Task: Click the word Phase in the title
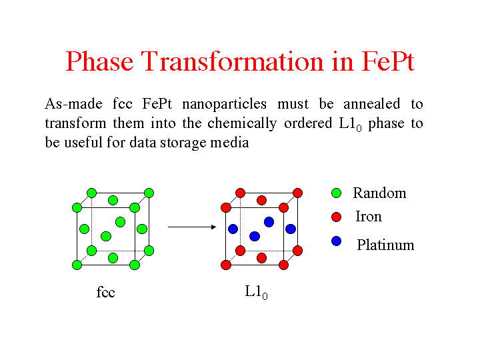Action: pyautogui.click(x=99, y=61)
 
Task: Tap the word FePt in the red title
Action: pyautogui.click(x=388, y=61)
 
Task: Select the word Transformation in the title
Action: pyautogui.click(x=233, y=61)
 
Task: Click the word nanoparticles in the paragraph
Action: pyautogui.click(x=225, y=105)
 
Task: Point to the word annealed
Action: pyautogui.click(x=371, y=104)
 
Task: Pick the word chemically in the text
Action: pyautogui.click(x=242, y=124)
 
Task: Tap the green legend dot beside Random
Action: pyautogui.click(x=336, y=193)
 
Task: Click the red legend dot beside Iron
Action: pyautogui.click(x=336, y=217)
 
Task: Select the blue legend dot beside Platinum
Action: pyautogui.click(x=336, y=241)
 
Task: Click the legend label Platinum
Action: pyautogui.click(x=385, y=245)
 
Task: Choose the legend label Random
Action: pyautogui.click(x=379, y=193)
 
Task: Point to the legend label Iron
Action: pyautogui.click(x=369, y=217)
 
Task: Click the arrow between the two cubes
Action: pyautogui.click(x=192, y=227)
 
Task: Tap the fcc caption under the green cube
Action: pyautogui.click(x=105, y=292)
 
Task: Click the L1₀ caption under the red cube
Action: pyautogui.click(x=256, y=293)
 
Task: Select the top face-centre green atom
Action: pyautogui.click(x=113, y=201)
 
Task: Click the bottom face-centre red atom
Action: pyautogui.click(x=262, y=258)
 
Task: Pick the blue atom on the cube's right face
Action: pyautogui.click(x=291, y=229)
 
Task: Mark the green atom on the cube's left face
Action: pyautogui.click(x=84, y=229)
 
